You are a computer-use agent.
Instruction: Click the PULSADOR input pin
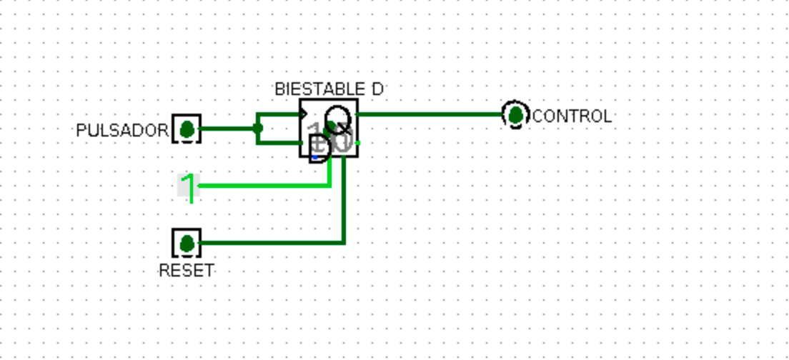(187, 129)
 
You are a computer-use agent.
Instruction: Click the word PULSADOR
(122, 131)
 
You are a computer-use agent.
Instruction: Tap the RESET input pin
(187, 244)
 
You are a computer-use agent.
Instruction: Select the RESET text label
(186, 271)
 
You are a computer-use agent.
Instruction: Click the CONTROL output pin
(515, 114)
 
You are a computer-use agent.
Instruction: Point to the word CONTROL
(572, 116)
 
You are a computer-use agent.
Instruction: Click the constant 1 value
(188, 187)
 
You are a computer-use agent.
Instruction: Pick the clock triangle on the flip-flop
(304, 114)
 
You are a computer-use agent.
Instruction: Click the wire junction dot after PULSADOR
(258, 129)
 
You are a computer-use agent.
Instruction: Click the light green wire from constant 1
(264, 186)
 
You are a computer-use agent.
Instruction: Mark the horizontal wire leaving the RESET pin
(272, 244)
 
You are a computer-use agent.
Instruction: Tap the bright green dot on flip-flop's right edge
(357, 143)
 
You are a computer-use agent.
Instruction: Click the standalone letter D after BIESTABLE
(377, 89)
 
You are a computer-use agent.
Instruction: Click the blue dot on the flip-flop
(314, 157)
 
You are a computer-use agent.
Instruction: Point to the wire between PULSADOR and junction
(229, 129)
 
